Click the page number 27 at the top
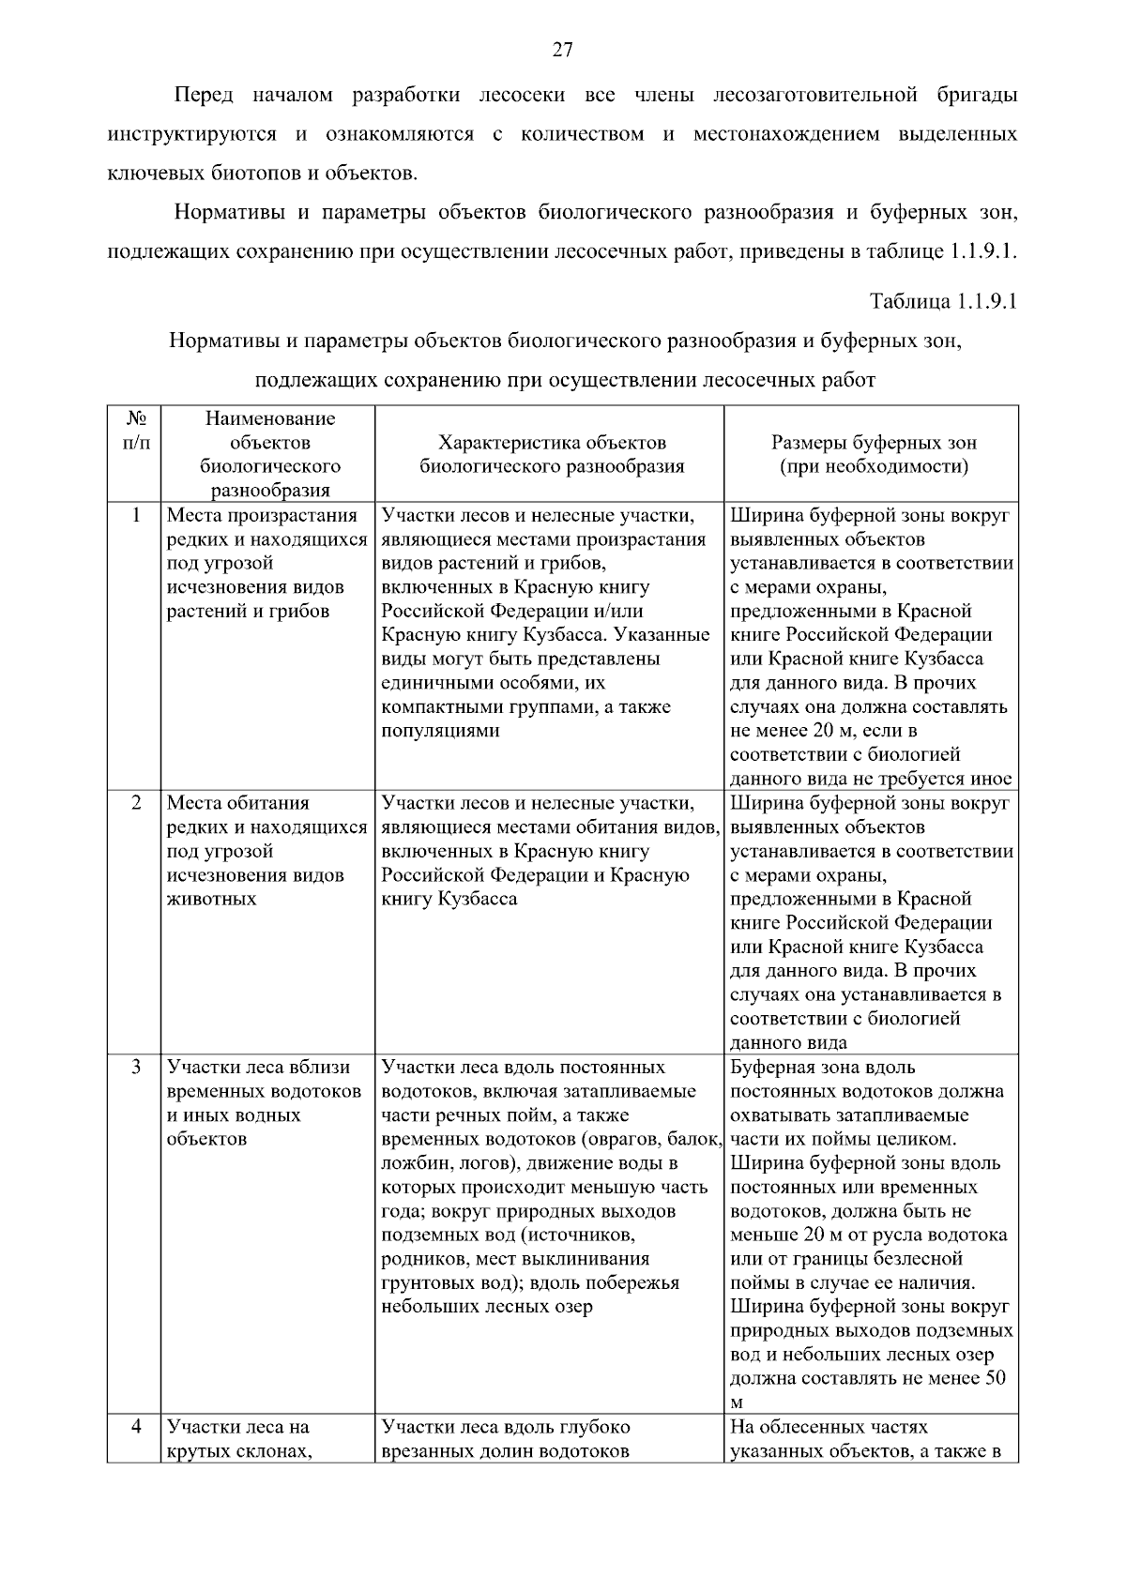pos(562,51)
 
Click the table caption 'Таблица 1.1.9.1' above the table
pos(944,302)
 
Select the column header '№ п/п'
pos(135,430)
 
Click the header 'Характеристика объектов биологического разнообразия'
pos(552,454)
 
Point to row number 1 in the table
pos(136,515)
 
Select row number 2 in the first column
pos(136,803)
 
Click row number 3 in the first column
pos(136,1068)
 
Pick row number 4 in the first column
pos(136,1427)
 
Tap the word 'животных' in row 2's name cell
pos(211,899)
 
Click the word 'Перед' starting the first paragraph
pos(205,96)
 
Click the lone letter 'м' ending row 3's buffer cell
pos(737,1403)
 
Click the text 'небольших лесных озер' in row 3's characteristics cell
pos(487,1307)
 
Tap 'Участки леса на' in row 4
pos(237,1427)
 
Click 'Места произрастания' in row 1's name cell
pos(262,515)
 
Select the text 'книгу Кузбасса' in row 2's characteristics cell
pos(449,899)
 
